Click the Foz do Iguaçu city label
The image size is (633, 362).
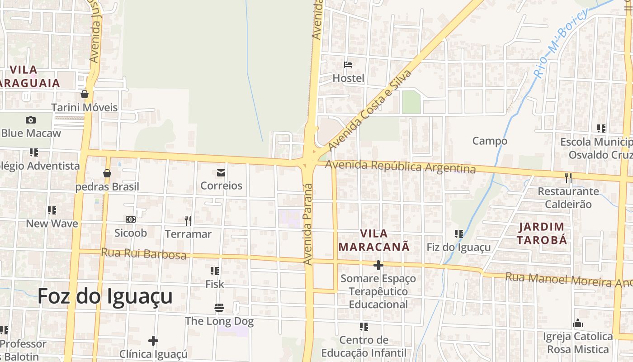point(105,296)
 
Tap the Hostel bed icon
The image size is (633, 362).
point(348,65)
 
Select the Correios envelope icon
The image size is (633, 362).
point(221,172)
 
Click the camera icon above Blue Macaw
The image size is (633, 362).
point(31,120)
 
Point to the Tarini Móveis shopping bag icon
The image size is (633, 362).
point(85,94)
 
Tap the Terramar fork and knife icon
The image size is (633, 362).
point(188,221)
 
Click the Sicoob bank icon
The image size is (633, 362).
point(131,219)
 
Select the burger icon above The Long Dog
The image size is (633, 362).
point(219,308)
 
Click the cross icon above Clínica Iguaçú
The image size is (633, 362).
point(153,340)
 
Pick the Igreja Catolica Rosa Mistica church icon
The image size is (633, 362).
point(578,323)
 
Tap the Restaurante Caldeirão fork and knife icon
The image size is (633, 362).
point(568,178)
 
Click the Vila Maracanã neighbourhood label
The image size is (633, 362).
point(374,240)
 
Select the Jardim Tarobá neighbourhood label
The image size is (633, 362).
point(542,233)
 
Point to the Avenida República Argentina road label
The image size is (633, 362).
point(400,167)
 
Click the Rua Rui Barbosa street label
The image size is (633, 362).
point(143,253)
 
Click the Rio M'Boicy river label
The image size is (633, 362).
point(561,43)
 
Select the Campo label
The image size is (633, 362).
point(490,141)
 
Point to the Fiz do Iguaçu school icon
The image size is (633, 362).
point(459,234)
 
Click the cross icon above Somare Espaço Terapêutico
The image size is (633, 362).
point(378,265)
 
